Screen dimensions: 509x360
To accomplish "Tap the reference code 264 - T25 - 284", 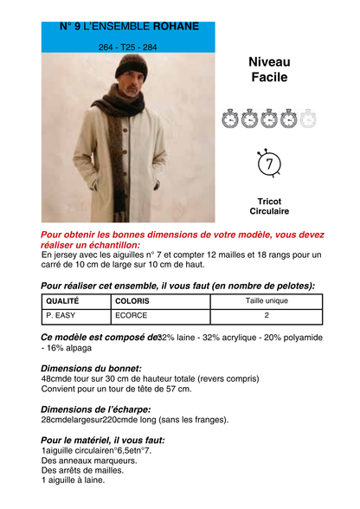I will [128, 47].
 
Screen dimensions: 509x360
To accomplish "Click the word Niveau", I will [269, 62].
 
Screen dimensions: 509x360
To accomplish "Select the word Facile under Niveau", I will [269, 78].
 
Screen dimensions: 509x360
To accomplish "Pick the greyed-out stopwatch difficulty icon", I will [308, 119].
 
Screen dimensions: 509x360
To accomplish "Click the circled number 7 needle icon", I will [269, 163].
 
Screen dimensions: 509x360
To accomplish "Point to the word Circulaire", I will [269, 211].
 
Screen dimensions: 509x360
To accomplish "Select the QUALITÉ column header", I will [61, 301].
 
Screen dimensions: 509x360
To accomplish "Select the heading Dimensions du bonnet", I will [92, 369].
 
